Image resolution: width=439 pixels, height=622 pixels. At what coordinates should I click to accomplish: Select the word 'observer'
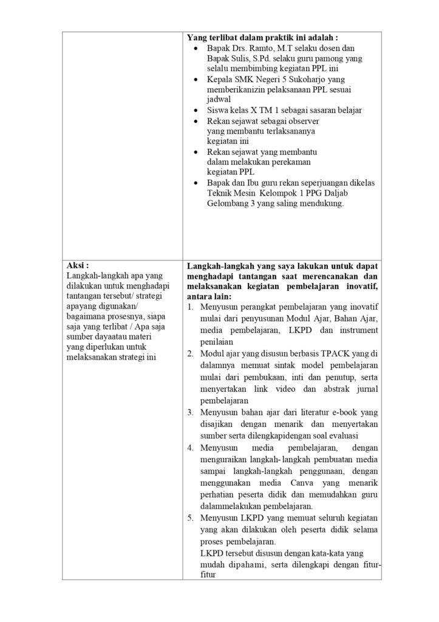(x=302, y=121)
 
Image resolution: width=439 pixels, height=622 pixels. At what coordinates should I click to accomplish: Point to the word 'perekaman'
(x=290, y=162)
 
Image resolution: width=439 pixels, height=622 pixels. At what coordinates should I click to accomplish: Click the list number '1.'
(x=190, y=308)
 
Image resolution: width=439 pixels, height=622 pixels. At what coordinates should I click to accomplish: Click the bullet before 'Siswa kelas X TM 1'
(x=194, y=111)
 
